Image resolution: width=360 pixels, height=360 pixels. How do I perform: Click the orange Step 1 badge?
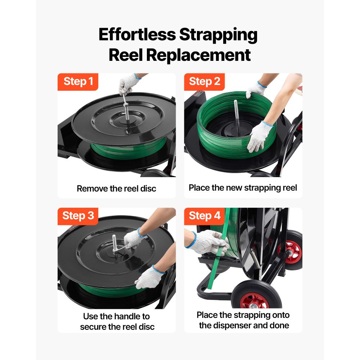(x=78, y=82)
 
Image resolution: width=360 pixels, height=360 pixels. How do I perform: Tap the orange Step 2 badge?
(x=204, y=82)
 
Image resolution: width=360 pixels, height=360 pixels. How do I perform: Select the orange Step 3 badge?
(x=78, y=216)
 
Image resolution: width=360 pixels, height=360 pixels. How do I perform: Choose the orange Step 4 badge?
(x=204, y=216)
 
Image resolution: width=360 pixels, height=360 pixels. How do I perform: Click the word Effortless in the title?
(x=137, y=35)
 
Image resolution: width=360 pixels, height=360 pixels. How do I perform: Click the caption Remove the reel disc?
(x=116, y=188)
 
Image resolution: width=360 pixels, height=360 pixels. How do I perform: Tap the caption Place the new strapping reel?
(x=243, y=188)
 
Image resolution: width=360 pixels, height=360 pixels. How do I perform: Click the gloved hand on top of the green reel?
(x=256, y=89)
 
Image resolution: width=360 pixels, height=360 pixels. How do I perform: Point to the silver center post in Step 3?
(x=114, y=243)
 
